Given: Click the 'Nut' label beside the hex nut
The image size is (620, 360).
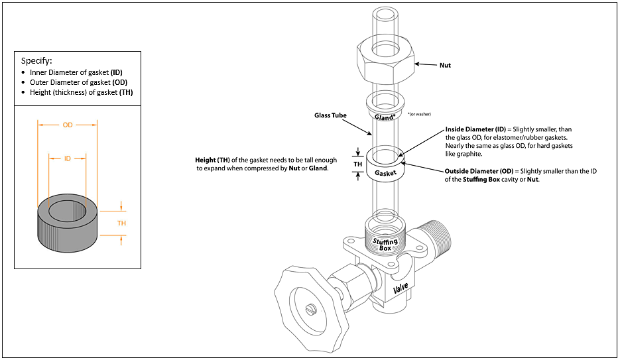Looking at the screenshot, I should (x=445, y=66).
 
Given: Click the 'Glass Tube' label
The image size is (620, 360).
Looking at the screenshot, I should (x=330, y=115).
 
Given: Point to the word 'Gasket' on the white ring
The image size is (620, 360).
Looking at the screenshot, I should (x=385, y=173).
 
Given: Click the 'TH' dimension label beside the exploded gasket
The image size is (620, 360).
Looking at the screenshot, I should (x=357, y=164).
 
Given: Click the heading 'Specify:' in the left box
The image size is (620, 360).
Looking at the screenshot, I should (x=36, y=60).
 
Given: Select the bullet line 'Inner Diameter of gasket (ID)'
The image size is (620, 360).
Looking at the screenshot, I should (x=76, y=72).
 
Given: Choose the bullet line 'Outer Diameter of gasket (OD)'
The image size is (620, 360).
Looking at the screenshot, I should (x=77, y=82).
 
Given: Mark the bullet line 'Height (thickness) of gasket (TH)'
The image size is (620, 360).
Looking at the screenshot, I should (x=81, y=93).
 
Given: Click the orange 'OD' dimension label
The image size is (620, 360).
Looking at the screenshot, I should (x=68, y=125).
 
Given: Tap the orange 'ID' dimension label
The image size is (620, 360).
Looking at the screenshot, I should (x=68, y=159).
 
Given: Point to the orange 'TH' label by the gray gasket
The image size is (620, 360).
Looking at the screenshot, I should (x=122, y=223).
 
